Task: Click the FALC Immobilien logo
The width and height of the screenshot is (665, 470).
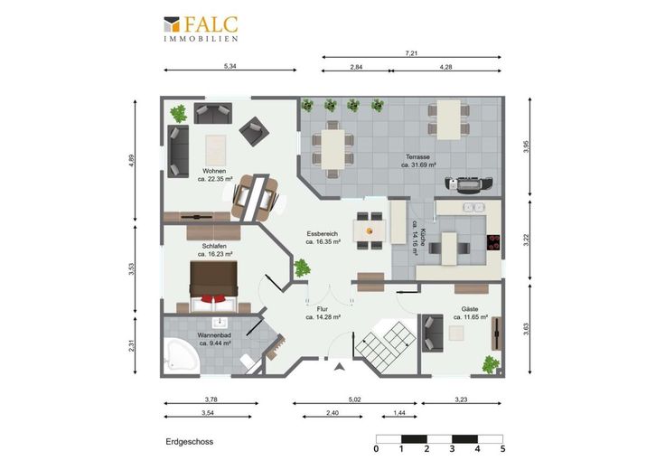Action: click(x=201, y=29)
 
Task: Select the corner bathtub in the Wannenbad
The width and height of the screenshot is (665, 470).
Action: click(x=181, y=356)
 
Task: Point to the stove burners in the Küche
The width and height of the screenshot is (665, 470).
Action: click(x=493, y=242)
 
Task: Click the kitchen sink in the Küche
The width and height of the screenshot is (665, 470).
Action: click(x=473, y=207)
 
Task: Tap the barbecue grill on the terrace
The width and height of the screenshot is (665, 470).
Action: click(x=468, y=184)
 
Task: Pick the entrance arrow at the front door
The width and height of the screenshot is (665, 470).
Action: click(x=339, y=367)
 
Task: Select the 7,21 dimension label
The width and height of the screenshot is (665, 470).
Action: click(x=411, y=53)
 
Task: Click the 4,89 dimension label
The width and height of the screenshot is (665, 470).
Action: click(x=132, y=161)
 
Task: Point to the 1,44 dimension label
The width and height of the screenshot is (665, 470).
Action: click(x=399, y=413)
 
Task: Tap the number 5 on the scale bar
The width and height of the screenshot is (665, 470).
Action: click(x=503, y=449)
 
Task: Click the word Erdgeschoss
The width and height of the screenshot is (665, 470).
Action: click(x=189, y=442)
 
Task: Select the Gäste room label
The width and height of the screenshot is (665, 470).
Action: click(x=470, y=309)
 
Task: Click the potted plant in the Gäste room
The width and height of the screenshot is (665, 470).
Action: click(x=491, y=364)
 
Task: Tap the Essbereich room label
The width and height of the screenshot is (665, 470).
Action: click(x=323, y=234)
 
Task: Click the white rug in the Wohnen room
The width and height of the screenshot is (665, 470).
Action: click(x=215, y=151)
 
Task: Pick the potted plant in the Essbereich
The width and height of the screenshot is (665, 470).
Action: click(x=302, y=268)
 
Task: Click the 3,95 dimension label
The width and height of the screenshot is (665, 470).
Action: click(x=527, y=146)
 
